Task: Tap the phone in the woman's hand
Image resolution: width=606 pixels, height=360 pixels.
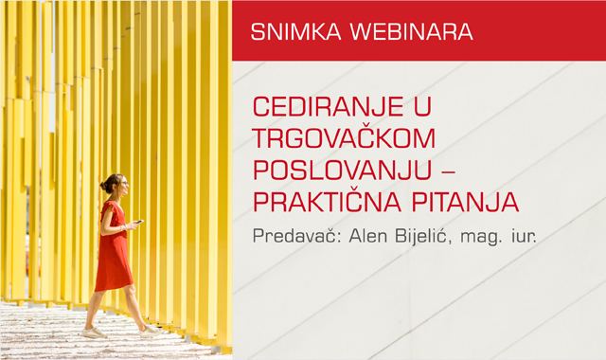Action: click(139, 223)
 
